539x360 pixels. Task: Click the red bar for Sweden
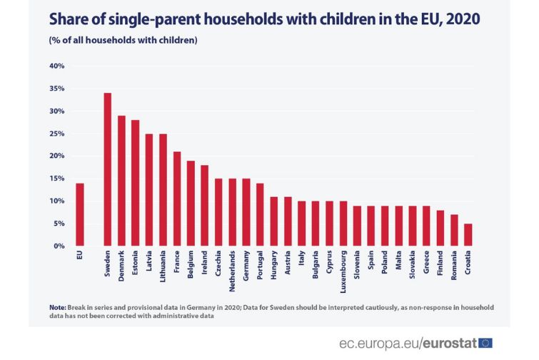tap(108, 169)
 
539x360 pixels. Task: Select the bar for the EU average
tap(80, 214)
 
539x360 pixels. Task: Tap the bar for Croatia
tap(468, 235)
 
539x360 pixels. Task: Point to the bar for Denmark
tap(121, 181)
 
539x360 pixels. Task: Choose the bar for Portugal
tap(260, 214)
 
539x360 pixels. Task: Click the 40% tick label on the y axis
tap(56, 66)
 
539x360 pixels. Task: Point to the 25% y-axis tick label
tap(56, 134)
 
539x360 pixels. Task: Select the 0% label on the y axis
tap(59, 246)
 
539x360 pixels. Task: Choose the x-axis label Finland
tap(440, 265)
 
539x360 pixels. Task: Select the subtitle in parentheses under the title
tap(123, 40)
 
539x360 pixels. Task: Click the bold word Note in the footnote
tap(57, 306)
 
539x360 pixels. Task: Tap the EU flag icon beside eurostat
tap(485, 343)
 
